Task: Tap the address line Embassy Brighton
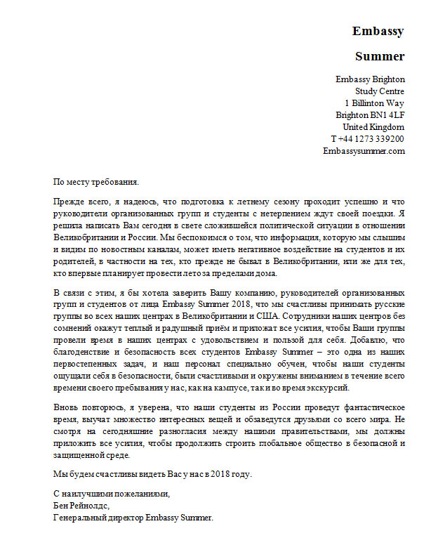(370, 79)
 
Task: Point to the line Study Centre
(380, 91)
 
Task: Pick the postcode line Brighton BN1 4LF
(370, 115)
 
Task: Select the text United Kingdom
(373, 127)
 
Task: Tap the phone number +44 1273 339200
(371, 139)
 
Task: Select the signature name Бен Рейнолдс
(81, 506)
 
